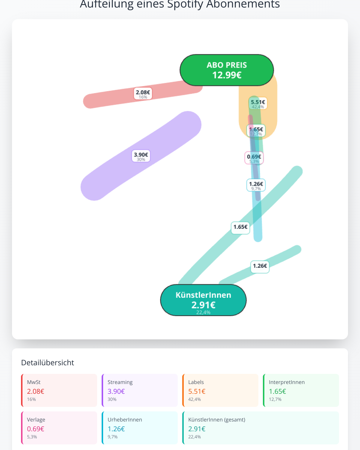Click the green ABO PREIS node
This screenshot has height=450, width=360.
(x=226, y=70)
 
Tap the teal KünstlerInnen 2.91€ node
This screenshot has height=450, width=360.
(x=203, y=300)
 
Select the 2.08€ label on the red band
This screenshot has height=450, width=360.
(x=143, y=93)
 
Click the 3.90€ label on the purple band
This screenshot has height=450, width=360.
(x=141, y=156)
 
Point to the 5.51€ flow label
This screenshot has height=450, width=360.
(x=258, y=103)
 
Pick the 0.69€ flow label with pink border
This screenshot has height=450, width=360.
(x=254, y=158)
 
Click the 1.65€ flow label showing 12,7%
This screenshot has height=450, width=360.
(x=256, y=130)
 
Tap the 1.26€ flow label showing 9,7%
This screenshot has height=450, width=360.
(x=256, y=185)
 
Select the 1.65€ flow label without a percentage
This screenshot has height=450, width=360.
(x=240, y=228)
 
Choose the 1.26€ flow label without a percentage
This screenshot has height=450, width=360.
(x=260, y=267)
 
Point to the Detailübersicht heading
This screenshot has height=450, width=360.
(x=48, y=363)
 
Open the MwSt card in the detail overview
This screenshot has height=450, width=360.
(x=59, y=390)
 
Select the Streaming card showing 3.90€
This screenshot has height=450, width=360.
(x=139, y=390)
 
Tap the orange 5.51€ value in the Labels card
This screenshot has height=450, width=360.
(x=197, y=391)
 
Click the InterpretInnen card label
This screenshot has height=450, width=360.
(x=286, y=382)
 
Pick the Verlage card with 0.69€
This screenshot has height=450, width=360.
(x=59, y=428)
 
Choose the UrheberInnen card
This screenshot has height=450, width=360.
(x=139, y=428)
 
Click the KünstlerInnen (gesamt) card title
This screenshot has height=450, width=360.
(x=217, y=420)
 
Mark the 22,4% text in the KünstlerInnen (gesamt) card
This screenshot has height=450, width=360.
(x=195, y=437)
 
